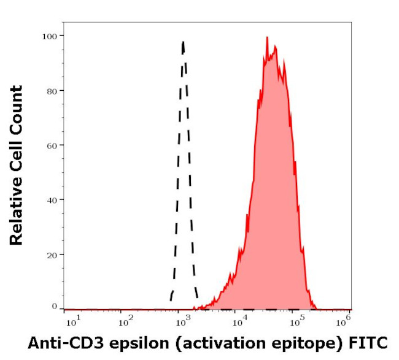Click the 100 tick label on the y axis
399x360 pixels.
(x=50, y=36)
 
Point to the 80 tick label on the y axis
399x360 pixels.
(x=52, y=91)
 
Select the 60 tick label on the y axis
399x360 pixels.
(x=52, y=145)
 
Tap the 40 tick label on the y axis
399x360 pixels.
(x=52, y=200)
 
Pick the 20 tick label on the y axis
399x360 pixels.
(x=52, y=255)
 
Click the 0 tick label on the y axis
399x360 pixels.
(x=55, y=306)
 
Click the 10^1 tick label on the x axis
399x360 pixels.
(x=72, y=320)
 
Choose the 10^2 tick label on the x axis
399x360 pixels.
(x=126, y=320)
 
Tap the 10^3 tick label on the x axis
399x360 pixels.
(x=181, y=320)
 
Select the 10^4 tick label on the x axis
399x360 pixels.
(x=236, y=320)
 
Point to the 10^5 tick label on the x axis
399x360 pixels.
(x=290, y=320)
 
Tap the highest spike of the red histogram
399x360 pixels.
(x=267, y=37)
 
